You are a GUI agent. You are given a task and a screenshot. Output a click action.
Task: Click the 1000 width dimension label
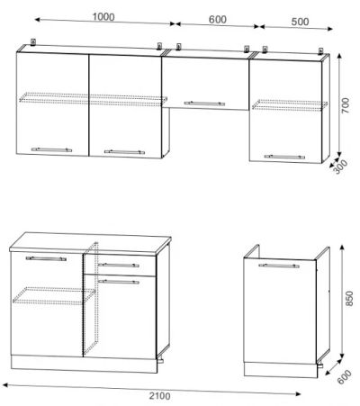pyautogui.click(x=103, y=17)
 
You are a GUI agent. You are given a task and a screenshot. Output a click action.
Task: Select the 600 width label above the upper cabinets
pyautogui.click(x=218, y=20)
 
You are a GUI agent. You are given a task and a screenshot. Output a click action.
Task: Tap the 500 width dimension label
pyautogui.click(x=300, y=22)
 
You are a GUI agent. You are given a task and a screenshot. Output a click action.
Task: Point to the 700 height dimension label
pyautogui.click(x=346, y=105)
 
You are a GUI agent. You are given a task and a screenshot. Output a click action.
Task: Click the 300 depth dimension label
pyautogui.click(x=340, y=167)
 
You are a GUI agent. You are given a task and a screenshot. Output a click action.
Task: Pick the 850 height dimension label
pyautogui.click(x=349, y=298)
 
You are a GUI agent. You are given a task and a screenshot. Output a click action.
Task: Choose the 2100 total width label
pyautogui.click(x=160, y=396)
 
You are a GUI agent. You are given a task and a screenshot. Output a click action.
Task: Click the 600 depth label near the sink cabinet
pyautogui.click(x=344, y=377)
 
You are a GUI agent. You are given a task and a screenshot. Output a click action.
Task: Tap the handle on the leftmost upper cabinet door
pyautogui.click(x=51, y=149)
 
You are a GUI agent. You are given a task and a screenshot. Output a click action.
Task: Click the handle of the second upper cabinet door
pyautogui.click(x=124, y=152)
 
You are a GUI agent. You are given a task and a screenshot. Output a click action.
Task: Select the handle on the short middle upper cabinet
pyautogui.click(x=204, y=104)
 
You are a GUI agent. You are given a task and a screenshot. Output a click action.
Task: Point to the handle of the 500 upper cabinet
pyautogui.click(x=284, y=157)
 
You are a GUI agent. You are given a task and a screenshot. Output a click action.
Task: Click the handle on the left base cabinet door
pyautogui.click(x=46, y=258)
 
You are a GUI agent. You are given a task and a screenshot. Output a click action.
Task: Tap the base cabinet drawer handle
pyautogui.click(x=119, y=266)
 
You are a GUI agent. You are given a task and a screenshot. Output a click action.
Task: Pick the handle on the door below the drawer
pyautogui.click(x=119, y=282)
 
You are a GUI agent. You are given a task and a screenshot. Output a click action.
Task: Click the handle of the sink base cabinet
pyautogui.click(x=279, y=266)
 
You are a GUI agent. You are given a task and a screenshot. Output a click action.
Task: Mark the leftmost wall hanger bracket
pyautogui.click(x=33, y=41)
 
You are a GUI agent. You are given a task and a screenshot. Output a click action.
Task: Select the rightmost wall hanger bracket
pyautogui.click(x=320, y=50)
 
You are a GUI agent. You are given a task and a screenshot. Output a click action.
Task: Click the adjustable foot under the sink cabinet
pyautogui.click(x=319, y=365)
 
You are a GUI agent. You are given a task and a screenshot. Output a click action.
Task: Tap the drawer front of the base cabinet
pyautogui.click(x=120, y=265)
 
